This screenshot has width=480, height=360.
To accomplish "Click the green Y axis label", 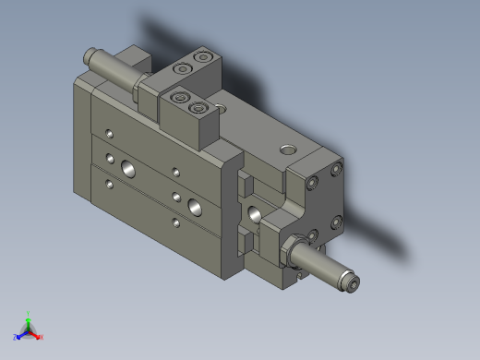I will [30, 313].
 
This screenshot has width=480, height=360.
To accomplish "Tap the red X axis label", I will [42, 337].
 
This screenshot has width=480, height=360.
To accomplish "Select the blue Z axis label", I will [16, 337].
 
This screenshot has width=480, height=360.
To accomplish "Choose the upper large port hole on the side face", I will [125, 168].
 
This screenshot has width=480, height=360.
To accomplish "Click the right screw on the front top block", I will [197, 107].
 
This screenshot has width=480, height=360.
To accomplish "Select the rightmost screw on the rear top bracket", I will [202, 58].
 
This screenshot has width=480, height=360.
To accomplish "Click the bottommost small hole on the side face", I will [175, 222].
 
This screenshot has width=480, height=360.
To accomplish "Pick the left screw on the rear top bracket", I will [184, 68].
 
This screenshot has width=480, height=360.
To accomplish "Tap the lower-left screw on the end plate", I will [312, 234].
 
